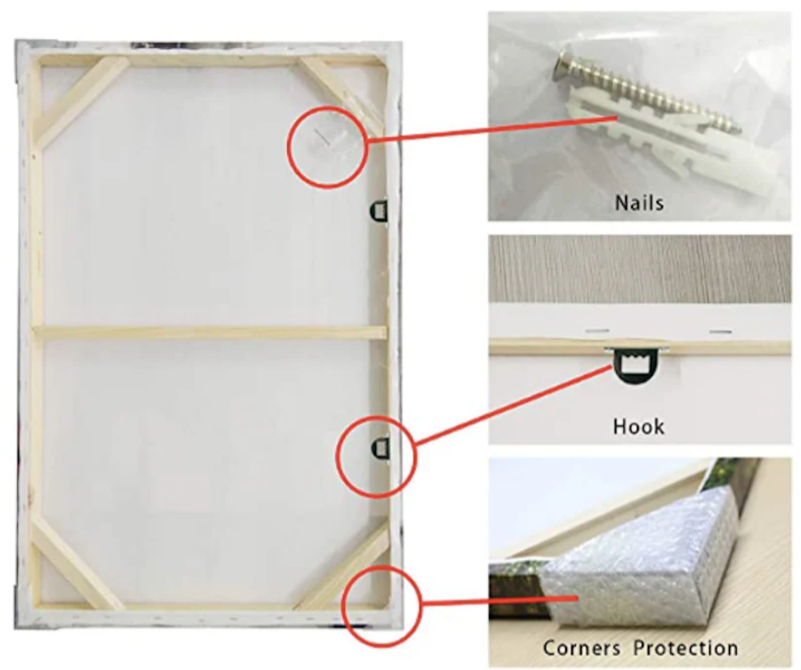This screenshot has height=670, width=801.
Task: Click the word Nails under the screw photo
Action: click(639, 203)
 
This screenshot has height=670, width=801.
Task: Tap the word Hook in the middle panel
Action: click(638, 426)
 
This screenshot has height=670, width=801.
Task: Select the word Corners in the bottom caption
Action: click(581, 648)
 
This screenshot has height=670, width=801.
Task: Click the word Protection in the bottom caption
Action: click(685, 648)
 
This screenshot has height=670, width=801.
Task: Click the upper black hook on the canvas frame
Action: click(379, 210)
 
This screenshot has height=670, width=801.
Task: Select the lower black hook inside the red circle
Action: click(380, 448)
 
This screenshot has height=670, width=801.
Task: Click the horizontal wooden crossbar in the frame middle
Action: click(211, 333)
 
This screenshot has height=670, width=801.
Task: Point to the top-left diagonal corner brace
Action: click(82, 98)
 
